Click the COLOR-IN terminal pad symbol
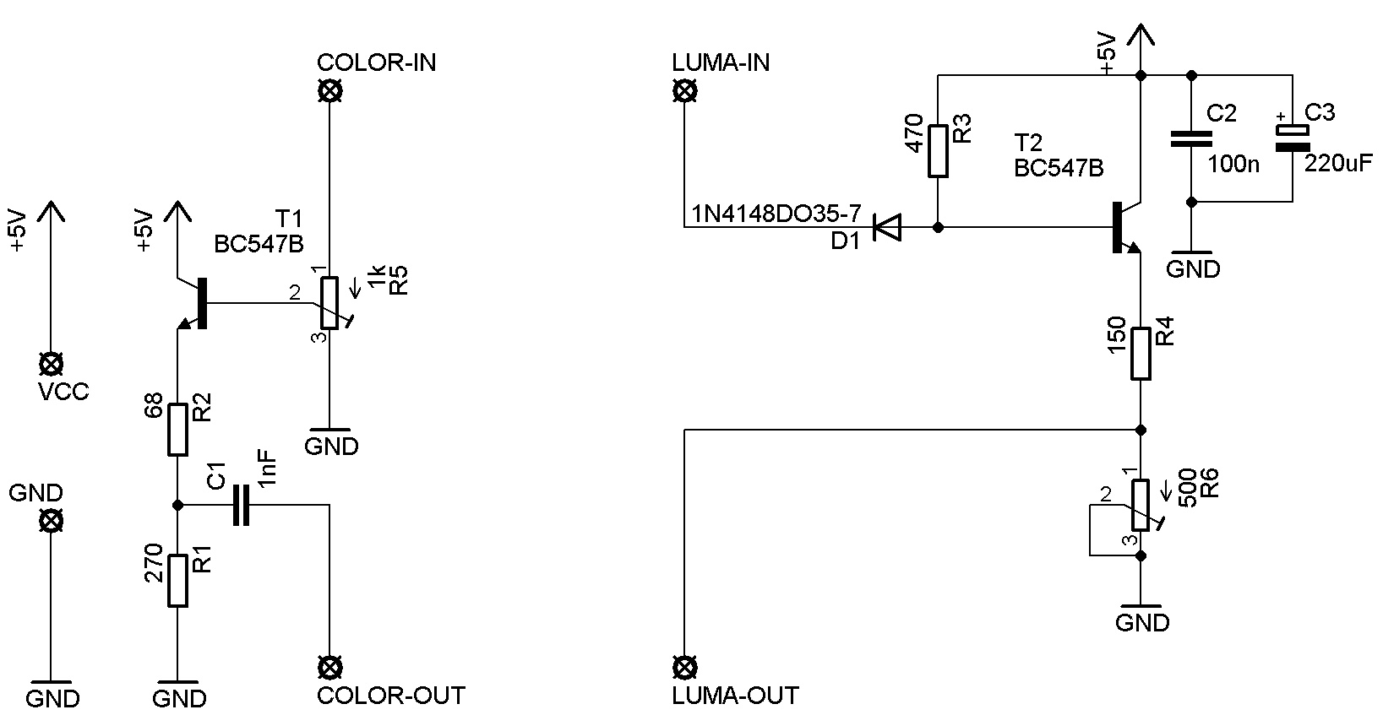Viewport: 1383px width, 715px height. click(x=329, y=91)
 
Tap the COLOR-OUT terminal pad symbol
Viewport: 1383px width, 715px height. click(x=329, y=668)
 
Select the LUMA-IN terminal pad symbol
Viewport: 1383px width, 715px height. click(x=683, y=91)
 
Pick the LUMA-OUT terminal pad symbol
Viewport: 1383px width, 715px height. click(x=683, y=668)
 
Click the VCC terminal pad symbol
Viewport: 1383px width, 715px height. click(x=51, y=365)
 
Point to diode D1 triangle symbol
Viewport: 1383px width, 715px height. click(x=886, y=227)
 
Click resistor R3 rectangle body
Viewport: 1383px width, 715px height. click(x=938, y=151)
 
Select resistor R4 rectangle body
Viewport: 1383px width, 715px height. click(x=1141, y=354)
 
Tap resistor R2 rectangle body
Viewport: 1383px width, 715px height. click(x=177, y=430)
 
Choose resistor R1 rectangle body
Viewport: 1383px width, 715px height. click(x=177, y=581)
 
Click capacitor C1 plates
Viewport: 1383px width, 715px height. click(x=241, y=505)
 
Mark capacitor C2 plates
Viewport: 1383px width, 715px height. click(x=1191, y=139)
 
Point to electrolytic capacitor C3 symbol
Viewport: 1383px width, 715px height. click(x=1292, y=138)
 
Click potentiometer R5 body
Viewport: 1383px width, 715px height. click(x=329, y=302)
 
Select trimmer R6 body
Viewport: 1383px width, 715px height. click(x=1141, y=505)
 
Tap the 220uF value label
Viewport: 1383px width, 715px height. click(x=1338, y=164)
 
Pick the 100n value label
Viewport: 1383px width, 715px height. click(x=1233, y=164)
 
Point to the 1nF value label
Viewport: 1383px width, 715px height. click(x=267, y=466)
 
